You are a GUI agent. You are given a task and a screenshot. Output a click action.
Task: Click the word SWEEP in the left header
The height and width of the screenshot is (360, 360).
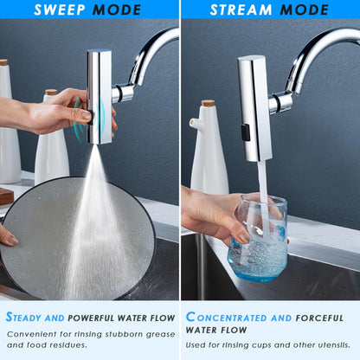coord(60,10)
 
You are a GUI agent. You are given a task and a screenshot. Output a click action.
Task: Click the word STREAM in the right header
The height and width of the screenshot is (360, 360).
coord(241,10)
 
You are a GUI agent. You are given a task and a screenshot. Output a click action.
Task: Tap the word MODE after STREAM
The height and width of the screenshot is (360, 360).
coord(305,10)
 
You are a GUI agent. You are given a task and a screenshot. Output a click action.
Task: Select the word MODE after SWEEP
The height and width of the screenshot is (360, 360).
coord(117,10)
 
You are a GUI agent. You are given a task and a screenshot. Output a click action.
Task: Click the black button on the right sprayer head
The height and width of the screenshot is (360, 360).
coord(246,132)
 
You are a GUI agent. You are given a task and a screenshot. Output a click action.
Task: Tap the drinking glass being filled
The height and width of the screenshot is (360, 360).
coord(258,237)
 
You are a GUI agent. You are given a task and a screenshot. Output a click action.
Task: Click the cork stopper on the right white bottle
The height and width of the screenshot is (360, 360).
coord(208,103)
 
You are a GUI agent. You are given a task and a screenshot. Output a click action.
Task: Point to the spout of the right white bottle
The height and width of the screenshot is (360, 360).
coord(194,123)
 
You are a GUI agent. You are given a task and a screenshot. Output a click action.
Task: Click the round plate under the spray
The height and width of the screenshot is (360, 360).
coord(77,239)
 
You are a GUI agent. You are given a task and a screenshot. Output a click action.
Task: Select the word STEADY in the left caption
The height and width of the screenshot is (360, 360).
coord(24,317)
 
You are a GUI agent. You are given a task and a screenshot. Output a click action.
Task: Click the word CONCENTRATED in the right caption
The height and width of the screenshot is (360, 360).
coord(227,317)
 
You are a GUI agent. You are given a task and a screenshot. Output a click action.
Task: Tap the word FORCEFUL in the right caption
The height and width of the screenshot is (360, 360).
coord(319,318)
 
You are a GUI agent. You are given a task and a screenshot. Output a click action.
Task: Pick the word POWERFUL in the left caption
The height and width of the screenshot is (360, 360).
coord(91,318)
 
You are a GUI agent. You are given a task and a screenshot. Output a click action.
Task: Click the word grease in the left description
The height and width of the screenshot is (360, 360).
coord(160,335)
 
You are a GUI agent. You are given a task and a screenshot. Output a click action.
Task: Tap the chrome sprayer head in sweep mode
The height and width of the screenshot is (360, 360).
coord(99,97)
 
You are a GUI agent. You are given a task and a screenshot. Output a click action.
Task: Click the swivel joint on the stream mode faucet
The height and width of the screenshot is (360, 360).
coord(280,102)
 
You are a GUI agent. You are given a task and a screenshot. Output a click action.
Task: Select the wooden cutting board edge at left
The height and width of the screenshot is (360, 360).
coord(6,196)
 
